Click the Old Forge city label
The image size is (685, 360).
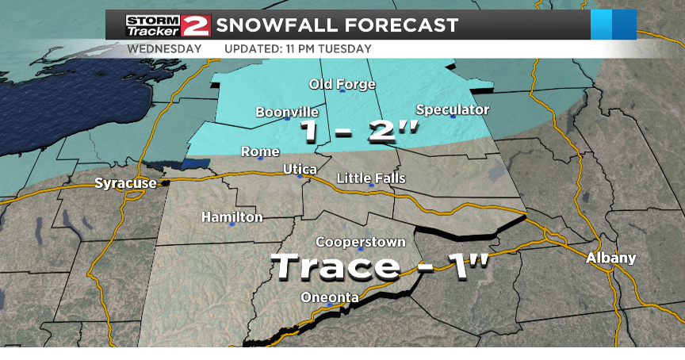pyautogui.click(x=342, y=83)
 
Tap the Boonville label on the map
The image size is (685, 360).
pyautogui.click(x=286, y=113)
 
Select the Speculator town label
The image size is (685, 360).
pyautogui.click(x=453, y=109)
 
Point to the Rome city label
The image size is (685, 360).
pyautogui.click(x=260, y=151)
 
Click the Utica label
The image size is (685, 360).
pyautogui.click(x=300, y=170)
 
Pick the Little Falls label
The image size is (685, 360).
pyautogui.click(x=371, y=178)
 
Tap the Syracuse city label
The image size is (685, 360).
pyautogui.click(x=125, y=183)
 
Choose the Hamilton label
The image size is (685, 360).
pyautogui.click(x=232, y=216)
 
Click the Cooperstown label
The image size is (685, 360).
pyautogui.click(x=361, y=242)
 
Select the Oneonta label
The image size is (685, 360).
pyautogui.click(x=330, y=297)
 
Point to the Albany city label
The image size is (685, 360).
pyautogui.click(x=610, y=259)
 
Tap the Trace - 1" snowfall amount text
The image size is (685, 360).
pyautogui.click(x=380, y=266)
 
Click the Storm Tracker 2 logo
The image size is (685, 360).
pyautogui.click(x=168, y=25)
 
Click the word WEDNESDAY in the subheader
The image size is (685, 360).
pyautogui.click(x=164, y=48)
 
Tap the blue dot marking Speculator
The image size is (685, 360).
pyautogui.click(x=453, y=117)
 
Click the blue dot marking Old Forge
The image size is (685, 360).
pyautogui.click(x=342, y=91)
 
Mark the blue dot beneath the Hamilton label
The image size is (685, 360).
pyautogui.click(x=232, y=224)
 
